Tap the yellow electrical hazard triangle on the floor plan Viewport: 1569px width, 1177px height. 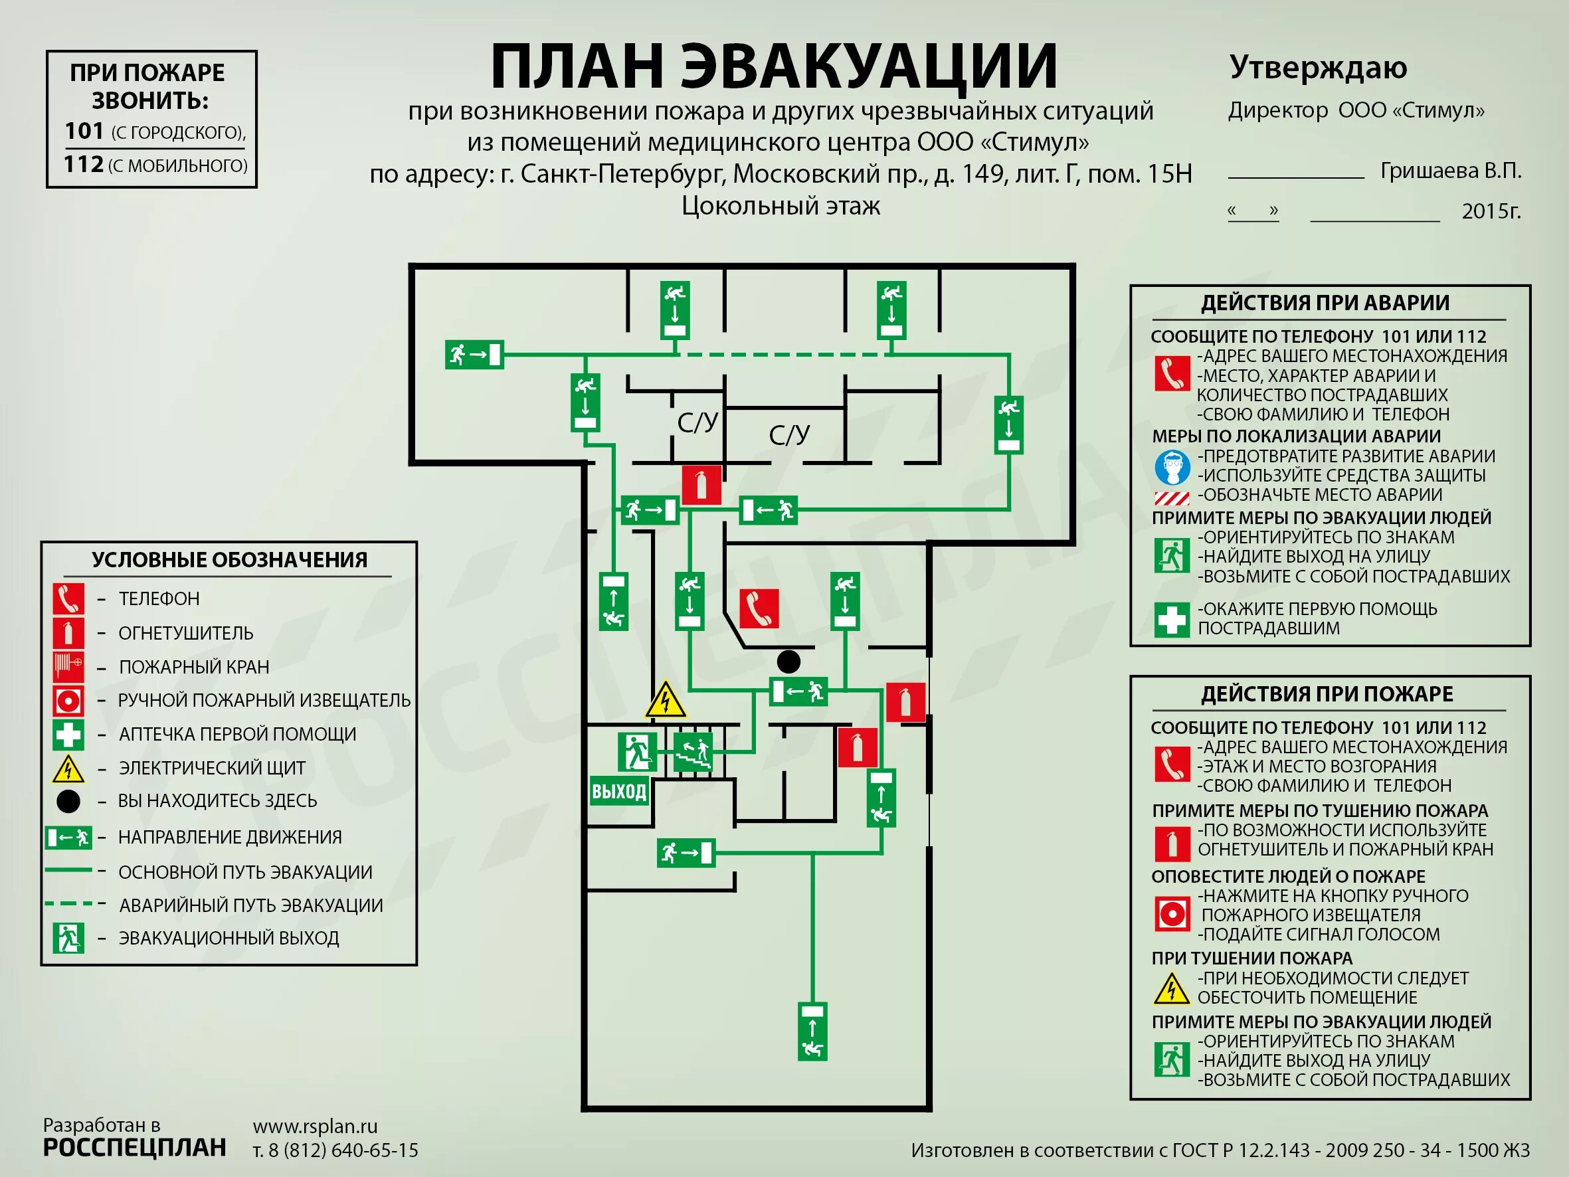[x=665, y=701]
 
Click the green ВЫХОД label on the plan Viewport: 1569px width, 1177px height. [x=619, y=791]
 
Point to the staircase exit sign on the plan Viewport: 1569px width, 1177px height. [x=692, y=753]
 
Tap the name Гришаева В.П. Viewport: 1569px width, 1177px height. [x=1451, y=171]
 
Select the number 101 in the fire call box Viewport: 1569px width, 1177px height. [x=84, y=132]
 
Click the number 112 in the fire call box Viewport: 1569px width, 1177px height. [x=84, y=165]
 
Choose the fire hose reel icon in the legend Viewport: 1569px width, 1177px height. [x=68, y=667]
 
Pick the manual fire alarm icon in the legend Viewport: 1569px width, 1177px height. [x=68, y=700]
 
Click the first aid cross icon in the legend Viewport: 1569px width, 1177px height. [x=68, y=734]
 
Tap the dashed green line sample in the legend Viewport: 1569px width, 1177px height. [x=68, y=904]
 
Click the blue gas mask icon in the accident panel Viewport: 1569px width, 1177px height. [x=1171, y=467]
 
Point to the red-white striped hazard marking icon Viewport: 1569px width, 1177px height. [x=1171, y=498]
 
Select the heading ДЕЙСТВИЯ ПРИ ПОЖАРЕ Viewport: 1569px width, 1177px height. [x=1327, y=694]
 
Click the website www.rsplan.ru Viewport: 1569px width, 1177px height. [x=315, y=1127]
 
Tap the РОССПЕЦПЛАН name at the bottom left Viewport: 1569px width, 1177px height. [x=135, y=1148]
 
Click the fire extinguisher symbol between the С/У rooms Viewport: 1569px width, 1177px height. [x=701, y=485]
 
